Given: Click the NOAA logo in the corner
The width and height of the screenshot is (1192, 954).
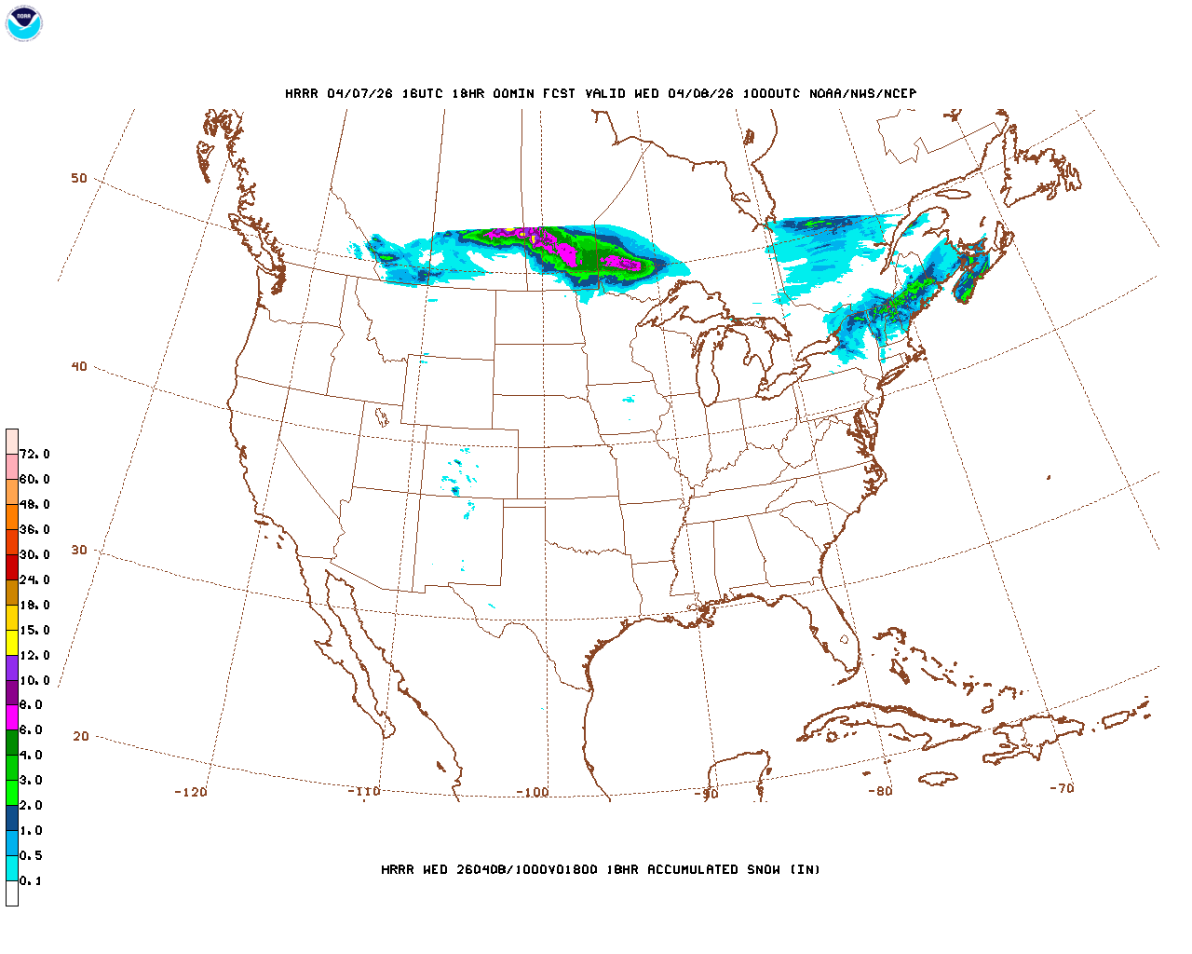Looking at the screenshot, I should (23, 23).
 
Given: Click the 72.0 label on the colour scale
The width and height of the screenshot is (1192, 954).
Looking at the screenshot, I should (34, 455).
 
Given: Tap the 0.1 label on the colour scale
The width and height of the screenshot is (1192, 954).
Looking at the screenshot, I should (31, 880).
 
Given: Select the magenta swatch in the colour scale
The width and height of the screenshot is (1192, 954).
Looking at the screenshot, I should (12, 717).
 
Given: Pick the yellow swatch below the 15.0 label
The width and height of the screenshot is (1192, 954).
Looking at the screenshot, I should (12, 642).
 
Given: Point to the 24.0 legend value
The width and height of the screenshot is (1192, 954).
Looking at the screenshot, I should (34, 579).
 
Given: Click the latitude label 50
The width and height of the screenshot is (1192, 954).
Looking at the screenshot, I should (79, 178).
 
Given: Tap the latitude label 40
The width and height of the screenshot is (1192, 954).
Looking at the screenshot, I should (79, 366).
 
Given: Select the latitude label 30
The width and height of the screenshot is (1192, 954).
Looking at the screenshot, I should (79, 550).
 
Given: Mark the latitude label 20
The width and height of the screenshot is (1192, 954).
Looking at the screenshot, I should (81, 736).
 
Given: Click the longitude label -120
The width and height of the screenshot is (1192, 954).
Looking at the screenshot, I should (191, 792).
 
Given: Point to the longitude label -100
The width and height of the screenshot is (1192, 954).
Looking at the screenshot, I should (533, 792).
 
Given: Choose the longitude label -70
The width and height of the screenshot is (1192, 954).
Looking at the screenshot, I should (1061, 788).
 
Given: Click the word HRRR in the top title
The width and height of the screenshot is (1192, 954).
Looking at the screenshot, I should (302, 93).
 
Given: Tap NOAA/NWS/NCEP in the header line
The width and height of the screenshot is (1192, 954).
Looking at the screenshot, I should (862, 93).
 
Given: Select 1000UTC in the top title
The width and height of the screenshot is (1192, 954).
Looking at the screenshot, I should (771, 93).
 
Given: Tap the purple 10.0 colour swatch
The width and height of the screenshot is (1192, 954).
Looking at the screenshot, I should (12, 667).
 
